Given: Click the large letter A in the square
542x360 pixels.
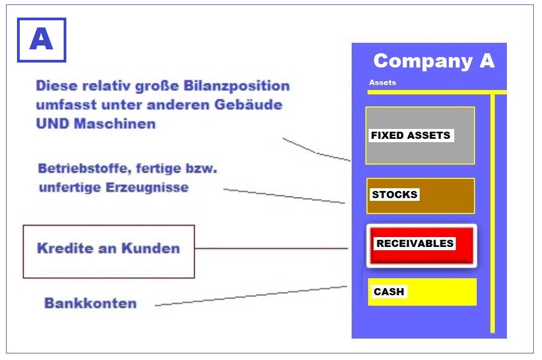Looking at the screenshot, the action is pyautogui.click(x=42, y=39).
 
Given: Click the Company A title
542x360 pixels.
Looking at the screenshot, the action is pyautogui.click(x=434, y=61).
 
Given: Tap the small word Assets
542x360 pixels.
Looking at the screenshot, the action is pyautogui.click(x=382, y=82).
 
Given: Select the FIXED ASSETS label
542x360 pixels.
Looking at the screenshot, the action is pyautogui.click(x=411, y=135).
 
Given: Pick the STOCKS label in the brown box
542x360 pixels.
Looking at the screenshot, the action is pyautogui.click(x=394, y=194).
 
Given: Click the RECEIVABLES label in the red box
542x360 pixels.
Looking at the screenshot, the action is pyautogui.click(x=415, y=243).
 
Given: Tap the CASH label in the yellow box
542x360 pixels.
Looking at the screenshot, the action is pyautogui.click(x=389, y=291).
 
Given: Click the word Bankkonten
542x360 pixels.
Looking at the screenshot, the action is pyautogui.click(x=91, y=303).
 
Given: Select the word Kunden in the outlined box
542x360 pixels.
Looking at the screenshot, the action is pyautogui.click(x=151, y=248).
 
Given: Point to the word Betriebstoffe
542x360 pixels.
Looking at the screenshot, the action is pyautogui.click(x=85, y=168).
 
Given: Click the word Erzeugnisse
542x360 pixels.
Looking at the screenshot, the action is pyautogui.click(x=147, y=188).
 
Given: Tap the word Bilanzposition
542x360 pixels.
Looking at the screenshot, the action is pyautogui.click(x=236, y=86).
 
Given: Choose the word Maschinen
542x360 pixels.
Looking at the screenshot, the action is pyautogui.click(x=115, y=123).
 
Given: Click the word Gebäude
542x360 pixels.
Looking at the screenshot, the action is pyautogui.click(x=249, y=104).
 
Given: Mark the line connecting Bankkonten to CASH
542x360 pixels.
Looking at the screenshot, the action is pyautogui.click(x=251, y=296).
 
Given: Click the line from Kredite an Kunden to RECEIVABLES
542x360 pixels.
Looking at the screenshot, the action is pyautogui.click(x=272, y=248).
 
